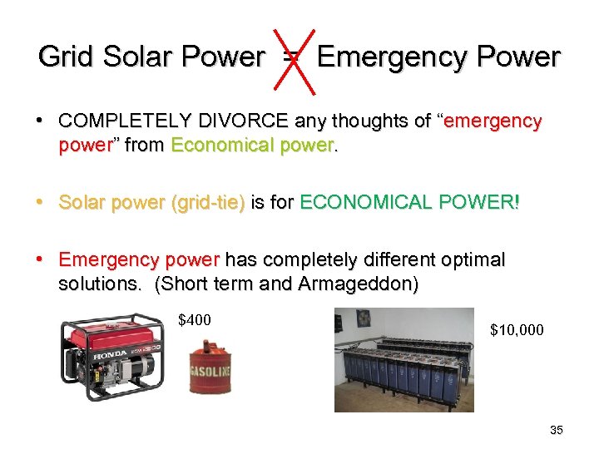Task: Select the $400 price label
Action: click(196, 320)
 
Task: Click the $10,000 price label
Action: click(517, 331)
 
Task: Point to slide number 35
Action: click(557, 430)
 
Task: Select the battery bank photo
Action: click(403, 359)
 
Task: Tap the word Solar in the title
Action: click(136, 57)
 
